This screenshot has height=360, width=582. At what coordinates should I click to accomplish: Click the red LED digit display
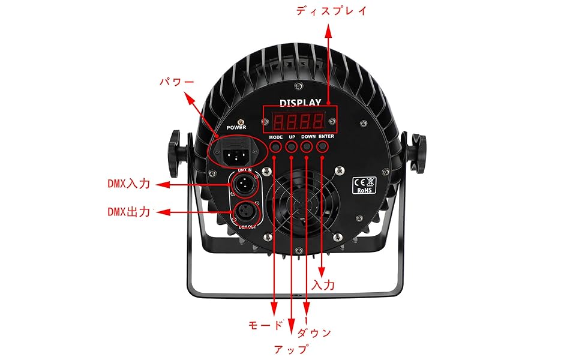299,122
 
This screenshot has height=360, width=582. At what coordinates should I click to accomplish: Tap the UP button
292,146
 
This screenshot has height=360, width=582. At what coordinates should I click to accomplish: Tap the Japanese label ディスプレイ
331,11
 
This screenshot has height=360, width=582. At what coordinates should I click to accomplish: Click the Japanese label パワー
176,81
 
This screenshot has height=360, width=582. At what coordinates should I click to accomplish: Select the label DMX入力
128,184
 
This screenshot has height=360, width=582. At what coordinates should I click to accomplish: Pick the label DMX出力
128,211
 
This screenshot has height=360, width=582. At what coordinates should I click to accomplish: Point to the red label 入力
323,284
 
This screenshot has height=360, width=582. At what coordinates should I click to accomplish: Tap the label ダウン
314,332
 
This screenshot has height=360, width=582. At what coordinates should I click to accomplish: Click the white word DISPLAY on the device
300,103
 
